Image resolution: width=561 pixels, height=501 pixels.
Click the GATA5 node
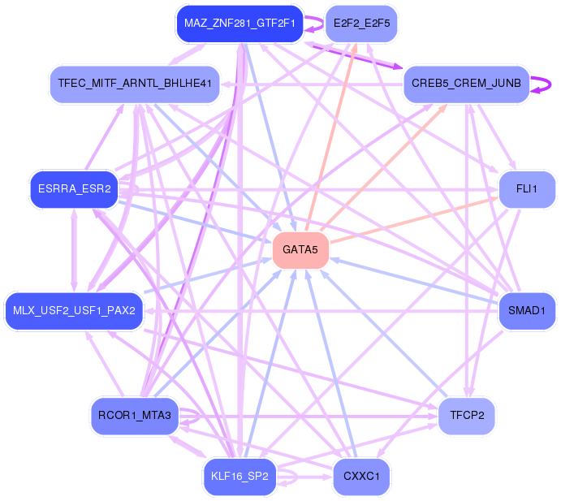click(x=300, y=250)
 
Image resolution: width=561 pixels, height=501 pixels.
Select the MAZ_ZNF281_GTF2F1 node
click(x=240, y=24)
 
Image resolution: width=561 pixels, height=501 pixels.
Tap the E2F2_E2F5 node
click(x=361, y=24)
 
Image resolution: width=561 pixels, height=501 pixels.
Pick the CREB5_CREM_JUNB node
click(x=466, y=84)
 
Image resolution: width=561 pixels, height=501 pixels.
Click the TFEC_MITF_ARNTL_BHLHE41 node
click(x=135, y=84)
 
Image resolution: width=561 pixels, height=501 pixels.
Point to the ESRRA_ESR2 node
click(x=74, y=189)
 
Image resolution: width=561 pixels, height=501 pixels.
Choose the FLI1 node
click(x=527, y=189)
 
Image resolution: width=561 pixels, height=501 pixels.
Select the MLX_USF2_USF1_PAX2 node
click(x=74, y=310)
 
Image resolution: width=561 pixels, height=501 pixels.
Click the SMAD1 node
click(x=527, y=310)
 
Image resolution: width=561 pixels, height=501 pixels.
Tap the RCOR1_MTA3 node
click(x=135, y=416)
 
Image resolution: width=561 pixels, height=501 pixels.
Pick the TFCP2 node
click(x=466, y=416)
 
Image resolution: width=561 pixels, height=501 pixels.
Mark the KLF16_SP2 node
click(x=240, y=477)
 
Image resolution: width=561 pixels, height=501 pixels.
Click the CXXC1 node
click(x=361, y=477)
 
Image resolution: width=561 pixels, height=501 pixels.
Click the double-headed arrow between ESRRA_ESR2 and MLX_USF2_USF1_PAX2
click(x=74, y=250)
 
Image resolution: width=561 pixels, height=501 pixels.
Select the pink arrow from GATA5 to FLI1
click(x=414, y=220)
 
